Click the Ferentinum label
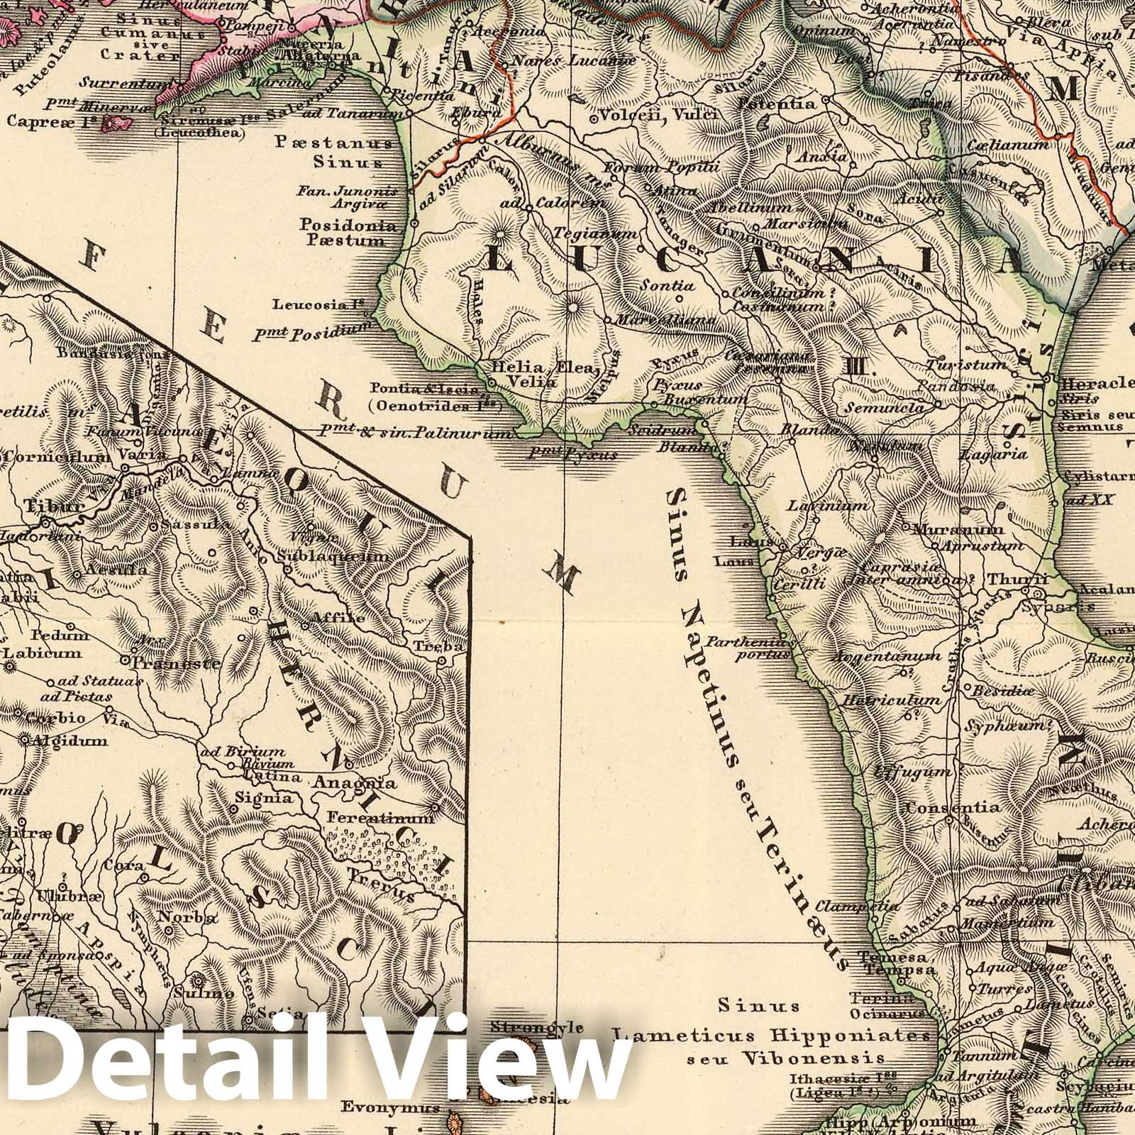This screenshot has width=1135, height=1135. pyautogui.click(x=380, y=818)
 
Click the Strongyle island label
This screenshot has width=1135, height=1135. pyautogui.click(x=537, y=1028)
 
